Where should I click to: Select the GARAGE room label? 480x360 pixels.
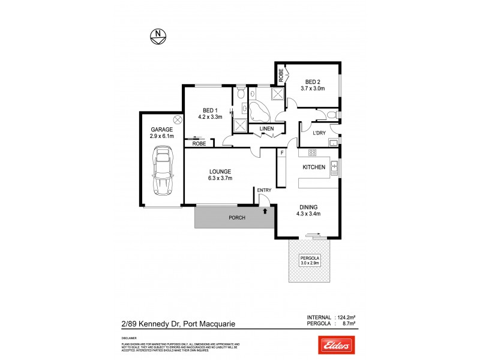[x=162, y=129]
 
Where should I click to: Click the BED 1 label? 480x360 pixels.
[x=209, y=110]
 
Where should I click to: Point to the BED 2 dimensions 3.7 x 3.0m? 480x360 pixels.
[x=313, y=89]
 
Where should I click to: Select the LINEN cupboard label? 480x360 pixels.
[x=267, y=129]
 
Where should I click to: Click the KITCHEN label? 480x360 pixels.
[x=314, y=167]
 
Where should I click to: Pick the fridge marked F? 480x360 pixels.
[x=281, y=153]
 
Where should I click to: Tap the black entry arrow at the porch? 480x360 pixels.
[x=264, y=211]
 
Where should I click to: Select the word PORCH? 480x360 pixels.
[x=238, y=218]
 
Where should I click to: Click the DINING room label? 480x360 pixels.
[x=308, y=206]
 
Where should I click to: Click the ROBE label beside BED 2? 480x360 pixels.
[x=281, y=76]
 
